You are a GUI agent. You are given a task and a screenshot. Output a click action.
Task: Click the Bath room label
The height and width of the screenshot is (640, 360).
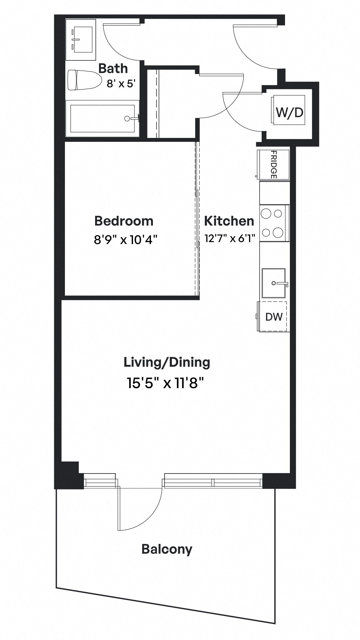113,68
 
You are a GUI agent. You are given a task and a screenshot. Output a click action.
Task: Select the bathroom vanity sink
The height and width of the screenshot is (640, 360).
81,39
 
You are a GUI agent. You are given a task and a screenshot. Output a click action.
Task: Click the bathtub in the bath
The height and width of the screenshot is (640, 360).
102,118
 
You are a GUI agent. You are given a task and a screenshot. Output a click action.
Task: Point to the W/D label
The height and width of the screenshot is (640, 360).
289,112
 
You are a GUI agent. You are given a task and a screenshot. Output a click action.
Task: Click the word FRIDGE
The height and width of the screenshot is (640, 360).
273,165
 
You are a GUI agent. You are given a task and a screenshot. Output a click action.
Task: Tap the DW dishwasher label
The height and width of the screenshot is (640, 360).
274,317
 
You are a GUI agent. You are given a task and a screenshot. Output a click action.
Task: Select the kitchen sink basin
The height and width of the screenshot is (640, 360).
274,283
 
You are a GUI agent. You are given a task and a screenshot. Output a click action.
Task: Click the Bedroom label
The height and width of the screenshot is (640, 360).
124,221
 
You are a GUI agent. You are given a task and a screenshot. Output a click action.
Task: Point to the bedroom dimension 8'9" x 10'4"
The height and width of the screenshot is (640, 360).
126,240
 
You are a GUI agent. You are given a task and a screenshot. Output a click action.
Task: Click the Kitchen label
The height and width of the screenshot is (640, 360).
229,221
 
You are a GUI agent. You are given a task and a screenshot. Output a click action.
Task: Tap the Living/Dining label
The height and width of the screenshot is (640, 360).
167,363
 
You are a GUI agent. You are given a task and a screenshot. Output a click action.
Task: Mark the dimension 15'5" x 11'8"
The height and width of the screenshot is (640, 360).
165,383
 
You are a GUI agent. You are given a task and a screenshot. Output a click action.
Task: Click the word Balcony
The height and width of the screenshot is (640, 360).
167,549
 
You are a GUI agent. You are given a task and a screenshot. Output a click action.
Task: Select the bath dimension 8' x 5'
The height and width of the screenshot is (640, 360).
121,84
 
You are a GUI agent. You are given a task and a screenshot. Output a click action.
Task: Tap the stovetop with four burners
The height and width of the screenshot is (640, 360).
274,223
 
